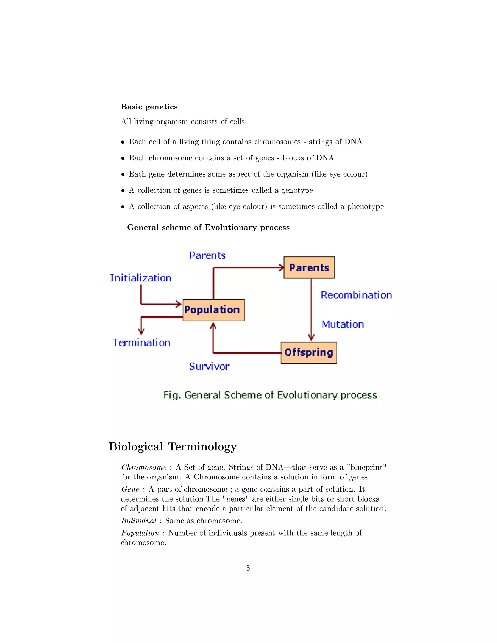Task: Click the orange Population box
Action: (214, 310)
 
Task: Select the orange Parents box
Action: (309, 267)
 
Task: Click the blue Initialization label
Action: (141, 278)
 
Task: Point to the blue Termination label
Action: (142, 342)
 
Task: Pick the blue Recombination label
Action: (356, 295)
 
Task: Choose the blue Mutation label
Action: (343, 324)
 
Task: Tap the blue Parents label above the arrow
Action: (207, 255)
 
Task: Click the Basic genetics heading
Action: (149, 107)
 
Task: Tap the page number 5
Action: (248, 568)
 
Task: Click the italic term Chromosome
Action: (144, 467)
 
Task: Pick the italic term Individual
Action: (139, 520)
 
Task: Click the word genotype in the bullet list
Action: (297, 190)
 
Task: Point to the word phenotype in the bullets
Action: (365, 207)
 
